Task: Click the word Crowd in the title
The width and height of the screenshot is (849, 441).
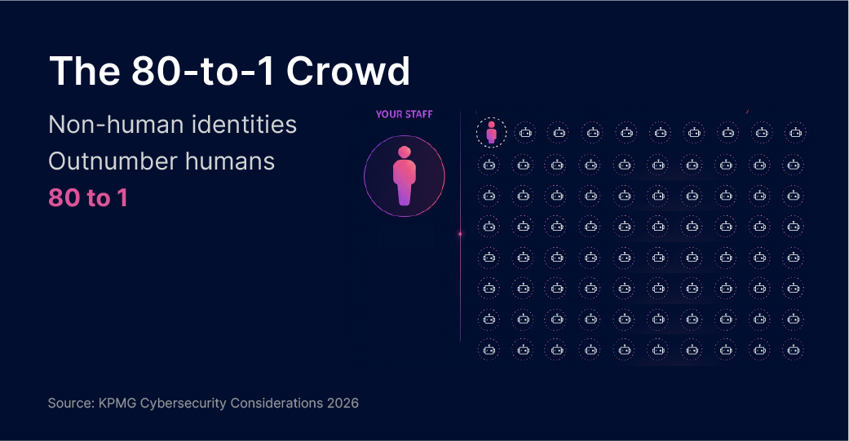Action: point(347,70)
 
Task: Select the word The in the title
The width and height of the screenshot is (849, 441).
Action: point(85,70)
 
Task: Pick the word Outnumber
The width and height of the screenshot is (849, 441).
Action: point(113,161)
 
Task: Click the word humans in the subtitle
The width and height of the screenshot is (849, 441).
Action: point(229,161)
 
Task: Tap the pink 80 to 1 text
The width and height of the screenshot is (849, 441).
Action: point(88,197)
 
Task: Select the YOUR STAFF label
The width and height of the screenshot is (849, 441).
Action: point(405,114)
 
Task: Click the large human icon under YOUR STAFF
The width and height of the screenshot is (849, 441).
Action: point(405,176)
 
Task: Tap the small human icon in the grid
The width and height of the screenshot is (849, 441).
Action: point(492,132)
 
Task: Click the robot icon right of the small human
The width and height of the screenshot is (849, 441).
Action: point(525,133)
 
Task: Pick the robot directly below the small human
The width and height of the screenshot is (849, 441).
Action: point(489,165)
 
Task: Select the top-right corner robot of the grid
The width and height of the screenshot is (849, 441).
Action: point(795,133)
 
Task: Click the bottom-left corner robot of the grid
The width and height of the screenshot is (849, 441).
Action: point(489,350)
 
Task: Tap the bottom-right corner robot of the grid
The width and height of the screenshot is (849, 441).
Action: point(794,350)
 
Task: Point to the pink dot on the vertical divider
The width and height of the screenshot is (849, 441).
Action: point(460,234)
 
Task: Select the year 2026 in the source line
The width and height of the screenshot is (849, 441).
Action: point(343,404)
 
